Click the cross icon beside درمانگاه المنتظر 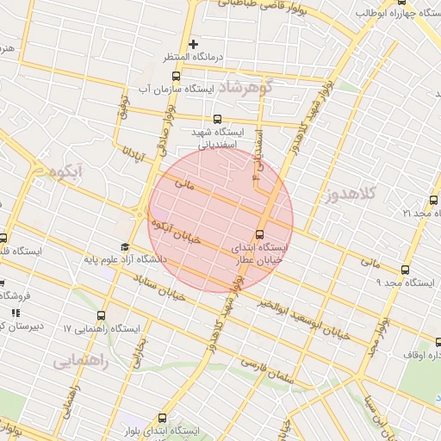[x=194, y=44]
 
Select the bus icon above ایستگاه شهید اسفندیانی [x=216, y=120]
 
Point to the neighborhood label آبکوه [x=65, y=172]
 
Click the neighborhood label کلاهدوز [x=353, y=194]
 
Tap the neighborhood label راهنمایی [x=81, y=362]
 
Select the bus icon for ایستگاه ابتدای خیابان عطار [x=260, y=233]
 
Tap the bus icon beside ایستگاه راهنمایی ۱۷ [x=102, y=316]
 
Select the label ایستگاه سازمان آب [x=177, y=89]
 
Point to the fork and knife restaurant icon [x=16, y=313]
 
